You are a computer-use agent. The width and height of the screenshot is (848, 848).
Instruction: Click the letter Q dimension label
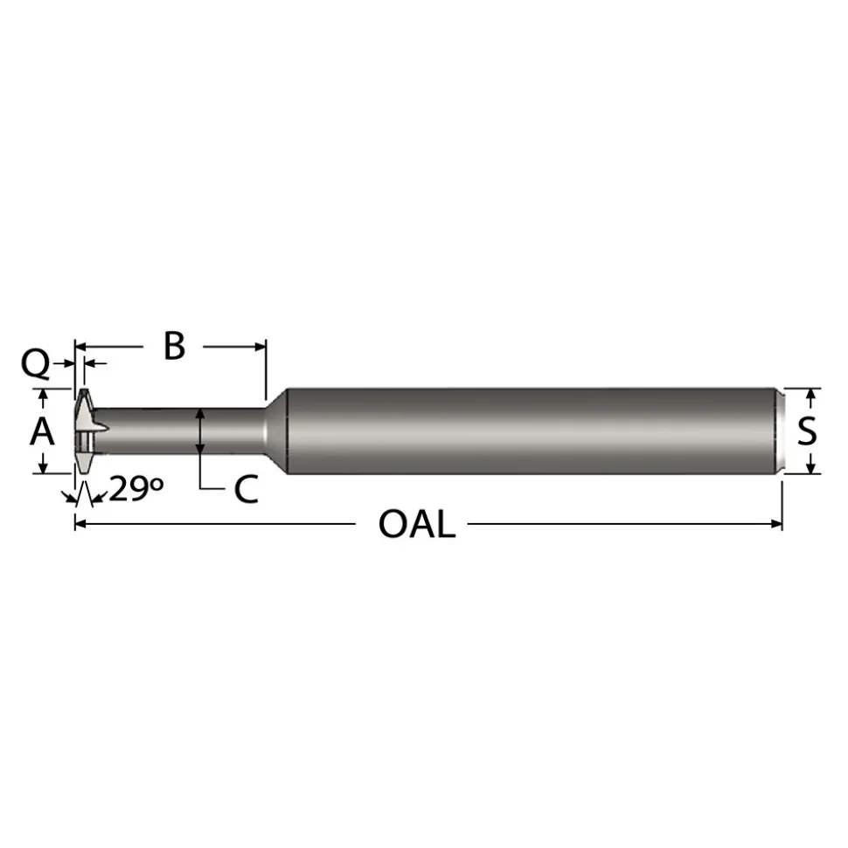click(35, 364)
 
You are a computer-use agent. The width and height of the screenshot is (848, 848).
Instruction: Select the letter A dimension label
click(42, 432)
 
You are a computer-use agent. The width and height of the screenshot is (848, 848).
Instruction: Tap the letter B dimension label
click(174, 346)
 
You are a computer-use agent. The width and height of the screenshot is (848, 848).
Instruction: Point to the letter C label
click(246, 489)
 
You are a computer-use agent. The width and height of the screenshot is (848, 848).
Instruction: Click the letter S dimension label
click(807, 431)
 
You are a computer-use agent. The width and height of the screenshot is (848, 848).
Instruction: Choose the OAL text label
click(416, 524)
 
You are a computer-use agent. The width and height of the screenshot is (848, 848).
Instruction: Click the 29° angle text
click(136, 489)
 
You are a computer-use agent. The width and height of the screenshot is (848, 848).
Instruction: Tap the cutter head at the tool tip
click(87, 431)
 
